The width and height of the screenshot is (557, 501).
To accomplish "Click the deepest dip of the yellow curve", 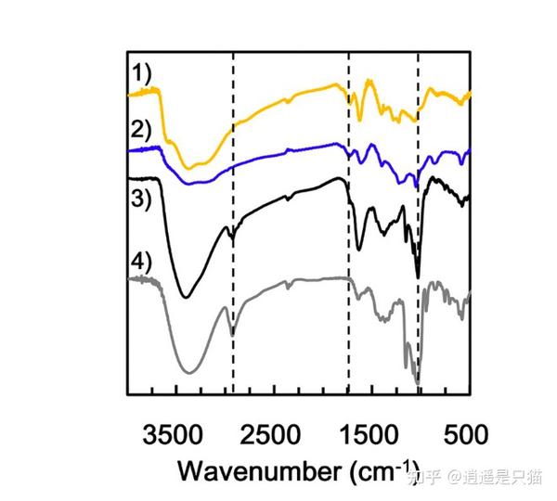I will pyautogui.click(x=189, y=168).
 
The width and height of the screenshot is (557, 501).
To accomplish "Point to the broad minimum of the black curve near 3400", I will pyautogui.click(x=186, y=297).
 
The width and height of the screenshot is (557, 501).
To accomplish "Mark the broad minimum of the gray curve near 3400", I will pyautogui.click(x=189, y=372).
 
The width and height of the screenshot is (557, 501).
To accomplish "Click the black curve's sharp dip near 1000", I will pyautogui.click(x=418, y=276).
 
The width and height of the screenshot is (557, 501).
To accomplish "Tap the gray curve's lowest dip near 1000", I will pyautogui.click(x=417, y=383).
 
